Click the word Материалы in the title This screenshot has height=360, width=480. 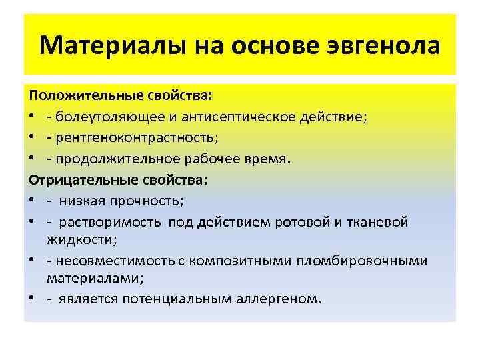(113, 47)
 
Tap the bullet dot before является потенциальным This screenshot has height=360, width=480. (32, 299)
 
